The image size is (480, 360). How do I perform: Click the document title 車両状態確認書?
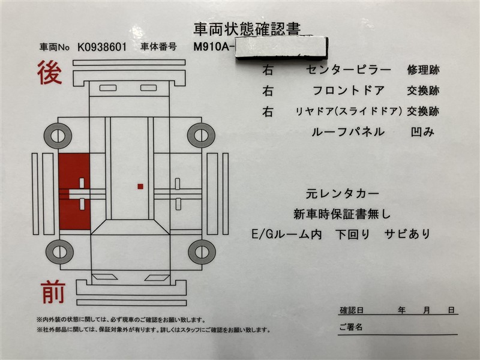tap(247, 29)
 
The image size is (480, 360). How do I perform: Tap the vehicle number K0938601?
tap(102, 47)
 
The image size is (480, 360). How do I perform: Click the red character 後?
tap(49, 73)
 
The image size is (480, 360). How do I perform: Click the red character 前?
tap(53, 293)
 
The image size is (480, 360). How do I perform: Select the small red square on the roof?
tap(140, 187)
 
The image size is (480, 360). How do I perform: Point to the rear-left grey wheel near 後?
tap(58, 136)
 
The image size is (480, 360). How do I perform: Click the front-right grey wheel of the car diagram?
tap(202, 252)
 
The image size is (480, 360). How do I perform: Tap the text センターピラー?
tap(349, 70)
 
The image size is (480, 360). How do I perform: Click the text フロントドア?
tap(349, 91)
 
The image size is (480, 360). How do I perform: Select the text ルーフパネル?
tap(348, 132)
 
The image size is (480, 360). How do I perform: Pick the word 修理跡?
tap(423, 70)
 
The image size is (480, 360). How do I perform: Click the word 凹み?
tap(422, 132)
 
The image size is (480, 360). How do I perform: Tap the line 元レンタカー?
tap(343, 193)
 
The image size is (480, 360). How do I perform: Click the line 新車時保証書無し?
tap(342, 214)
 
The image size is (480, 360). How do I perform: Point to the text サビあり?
tap(407, 234)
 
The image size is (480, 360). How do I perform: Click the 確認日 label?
tap(352, 310)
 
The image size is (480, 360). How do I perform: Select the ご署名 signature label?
tap(351, 327)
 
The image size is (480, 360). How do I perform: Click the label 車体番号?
tap(158, 47)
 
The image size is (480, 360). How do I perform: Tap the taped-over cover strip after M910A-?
tap(281, 47)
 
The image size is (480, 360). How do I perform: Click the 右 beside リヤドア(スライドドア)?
tap(268, 112)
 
